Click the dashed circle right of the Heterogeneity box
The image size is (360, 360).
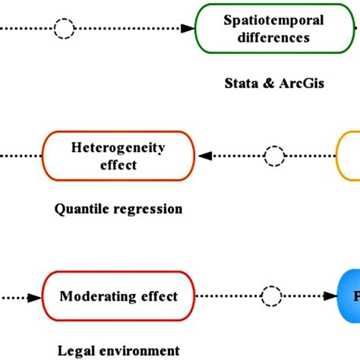pos(273,156)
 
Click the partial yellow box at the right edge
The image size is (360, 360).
pos(350,156)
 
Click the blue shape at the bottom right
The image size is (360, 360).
pos(350,296)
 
